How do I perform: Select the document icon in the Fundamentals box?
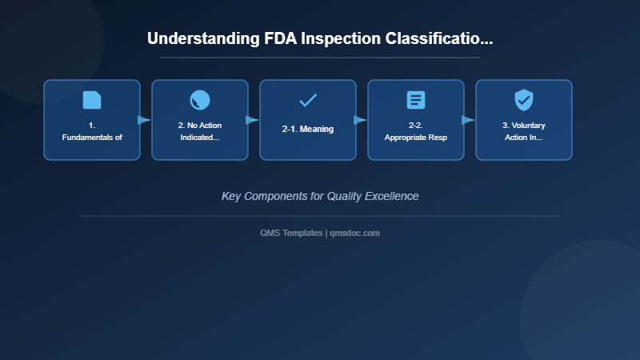tap(92, 100)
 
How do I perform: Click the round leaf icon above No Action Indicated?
tap(200, 100)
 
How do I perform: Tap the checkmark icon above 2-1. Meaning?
tap(308, 100)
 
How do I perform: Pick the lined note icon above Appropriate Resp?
tap(416, 100)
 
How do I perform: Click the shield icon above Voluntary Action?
tap(524, 100)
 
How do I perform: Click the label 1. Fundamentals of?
tap(92, 131)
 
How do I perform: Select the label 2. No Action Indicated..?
tap(200, 131)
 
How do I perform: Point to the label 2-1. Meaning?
tap(308, 129)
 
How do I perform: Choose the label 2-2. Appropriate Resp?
tap(416, 131)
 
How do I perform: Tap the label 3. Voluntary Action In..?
tap(524, 131)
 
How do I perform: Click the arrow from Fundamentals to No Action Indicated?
tap(144, 120)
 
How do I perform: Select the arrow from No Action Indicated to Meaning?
tap(252, 120)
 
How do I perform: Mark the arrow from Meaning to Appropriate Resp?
tap(360, 120)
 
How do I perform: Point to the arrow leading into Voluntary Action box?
tap(468, 120)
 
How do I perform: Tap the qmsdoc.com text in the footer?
tap(355, 233)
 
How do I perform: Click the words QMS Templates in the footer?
tap(291, 233)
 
